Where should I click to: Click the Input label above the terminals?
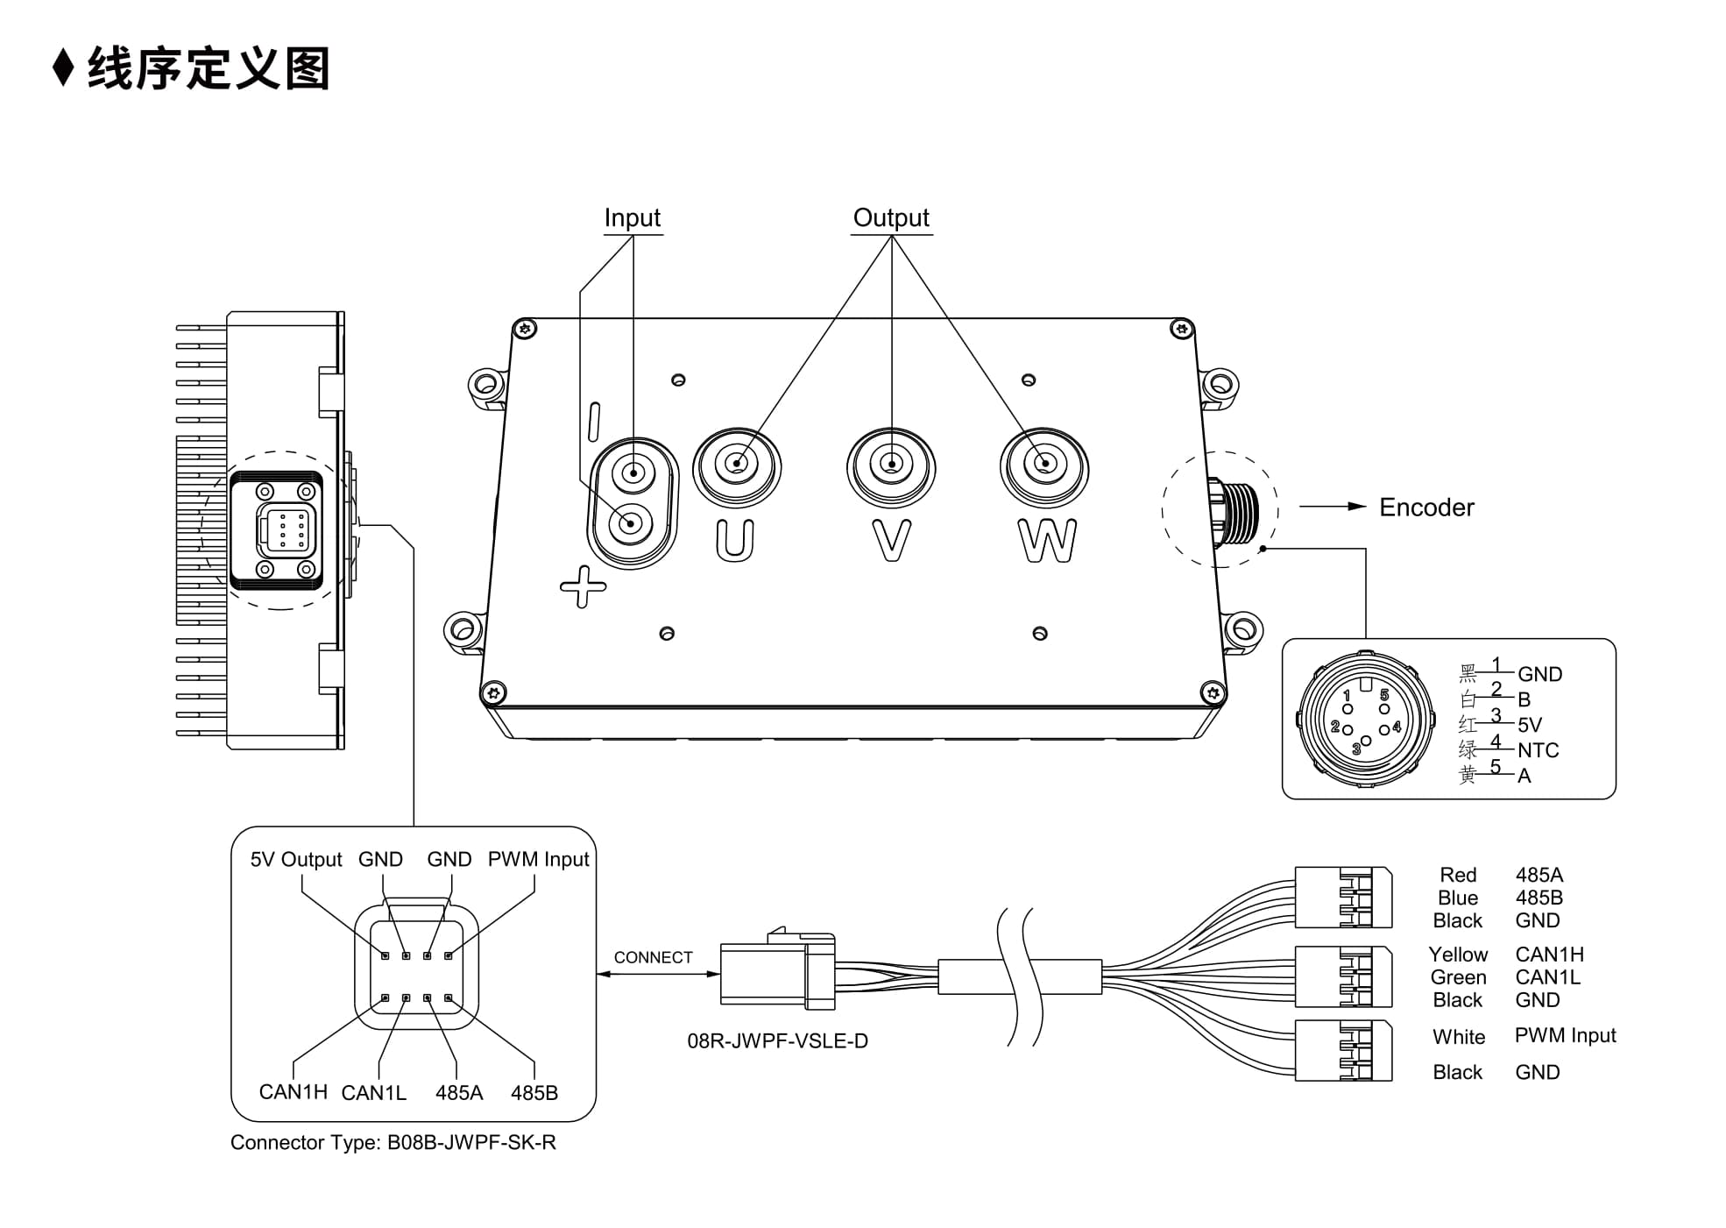632,218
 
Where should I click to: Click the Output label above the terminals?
891,217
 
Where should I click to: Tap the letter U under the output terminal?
734,541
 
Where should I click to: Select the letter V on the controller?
891,541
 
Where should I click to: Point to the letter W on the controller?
1047,541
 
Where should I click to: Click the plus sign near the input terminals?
583,586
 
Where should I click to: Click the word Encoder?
1426,508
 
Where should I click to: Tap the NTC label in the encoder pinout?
1539,750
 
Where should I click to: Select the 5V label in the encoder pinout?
1530,725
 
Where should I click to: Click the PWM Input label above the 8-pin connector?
538,859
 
